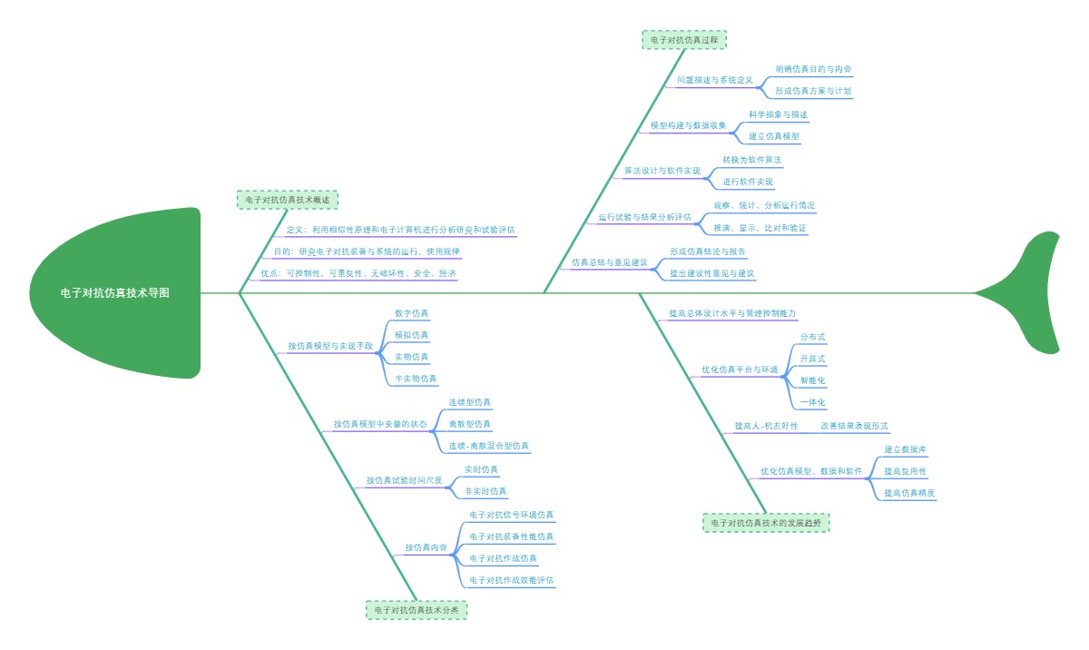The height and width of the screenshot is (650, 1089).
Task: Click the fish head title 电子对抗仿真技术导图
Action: point(114,293)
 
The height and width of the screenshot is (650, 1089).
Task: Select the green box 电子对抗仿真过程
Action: point(684,40)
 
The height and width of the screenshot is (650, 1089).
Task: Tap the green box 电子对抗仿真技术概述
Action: point(287,200)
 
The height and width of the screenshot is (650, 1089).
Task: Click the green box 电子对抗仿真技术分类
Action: point(417,611)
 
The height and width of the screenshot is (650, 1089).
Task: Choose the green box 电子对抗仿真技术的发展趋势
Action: point(766,523)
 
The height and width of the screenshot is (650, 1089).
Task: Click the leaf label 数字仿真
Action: point(412,313)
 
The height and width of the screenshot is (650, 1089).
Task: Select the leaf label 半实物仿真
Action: point(416,379)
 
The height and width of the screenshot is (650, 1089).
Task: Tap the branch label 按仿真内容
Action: point(426,547)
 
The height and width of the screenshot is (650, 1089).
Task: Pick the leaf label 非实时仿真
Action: point(486,491)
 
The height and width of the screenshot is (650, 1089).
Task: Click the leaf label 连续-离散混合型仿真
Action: point(489,446)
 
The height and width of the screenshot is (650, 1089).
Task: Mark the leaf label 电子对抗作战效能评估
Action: point(512,579)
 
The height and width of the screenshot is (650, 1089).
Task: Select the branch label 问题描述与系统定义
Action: point(715,80)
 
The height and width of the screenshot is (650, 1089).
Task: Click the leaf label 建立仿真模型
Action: point(774,136)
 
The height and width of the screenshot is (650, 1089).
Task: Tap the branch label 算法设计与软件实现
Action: point(662,171)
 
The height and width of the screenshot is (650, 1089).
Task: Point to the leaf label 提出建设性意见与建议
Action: point(712,272)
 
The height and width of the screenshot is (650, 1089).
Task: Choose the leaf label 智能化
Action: point(812,380)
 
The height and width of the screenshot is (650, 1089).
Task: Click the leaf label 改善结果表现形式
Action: point(854,425)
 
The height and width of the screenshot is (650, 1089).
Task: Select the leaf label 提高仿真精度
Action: point(910,493)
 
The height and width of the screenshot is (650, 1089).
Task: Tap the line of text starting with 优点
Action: point(358,273)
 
